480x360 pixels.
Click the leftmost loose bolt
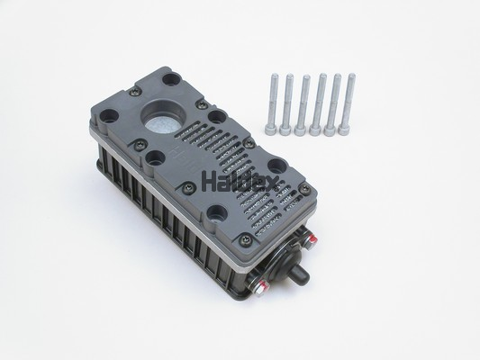click(x=272, y=103)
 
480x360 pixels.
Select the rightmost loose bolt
click(x=348, y=104)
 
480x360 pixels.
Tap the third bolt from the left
click(x=303, y=104)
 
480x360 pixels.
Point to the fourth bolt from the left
click(x=319, y=104)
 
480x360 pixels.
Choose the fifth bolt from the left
click(x=332, y=104)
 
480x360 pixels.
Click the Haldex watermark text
click(x=240, y=183)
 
